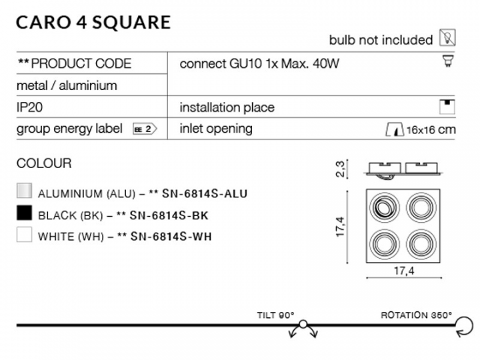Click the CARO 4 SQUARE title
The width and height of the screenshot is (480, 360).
(93, 23)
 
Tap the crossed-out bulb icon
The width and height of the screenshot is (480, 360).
(447, 37)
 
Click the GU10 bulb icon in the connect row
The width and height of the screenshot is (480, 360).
(448, 61)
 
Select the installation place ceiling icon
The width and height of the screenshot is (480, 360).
(447, 107)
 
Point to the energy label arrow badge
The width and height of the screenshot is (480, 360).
(145, 129)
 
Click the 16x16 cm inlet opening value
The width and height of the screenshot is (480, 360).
(431, 130)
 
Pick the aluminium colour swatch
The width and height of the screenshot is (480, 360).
(24, 191)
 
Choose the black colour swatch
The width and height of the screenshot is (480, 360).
(24, 213)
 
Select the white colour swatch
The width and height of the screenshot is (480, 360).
(24, 235)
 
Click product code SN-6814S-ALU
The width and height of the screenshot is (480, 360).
(205, 193)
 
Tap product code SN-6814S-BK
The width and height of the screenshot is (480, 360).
(169, 215)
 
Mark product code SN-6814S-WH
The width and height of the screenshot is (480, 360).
(171, 236)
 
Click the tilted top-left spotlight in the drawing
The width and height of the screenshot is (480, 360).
(384, 207)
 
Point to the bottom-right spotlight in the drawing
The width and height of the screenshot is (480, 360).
(421, 244)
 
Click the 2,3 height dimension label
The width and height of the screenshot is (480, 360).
(340, 169)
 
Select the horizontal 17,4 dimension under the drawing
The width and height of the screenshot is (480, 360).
(404, 271)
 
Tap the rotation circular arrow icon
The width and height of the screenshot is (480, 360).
(465, 327)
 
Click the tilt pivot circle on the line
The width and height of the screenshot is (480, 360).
(303, 324)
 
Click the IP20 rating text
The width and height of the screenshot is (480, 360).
(29, 107)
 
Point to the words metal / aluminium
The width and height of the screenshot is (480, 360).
(67, 86)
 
